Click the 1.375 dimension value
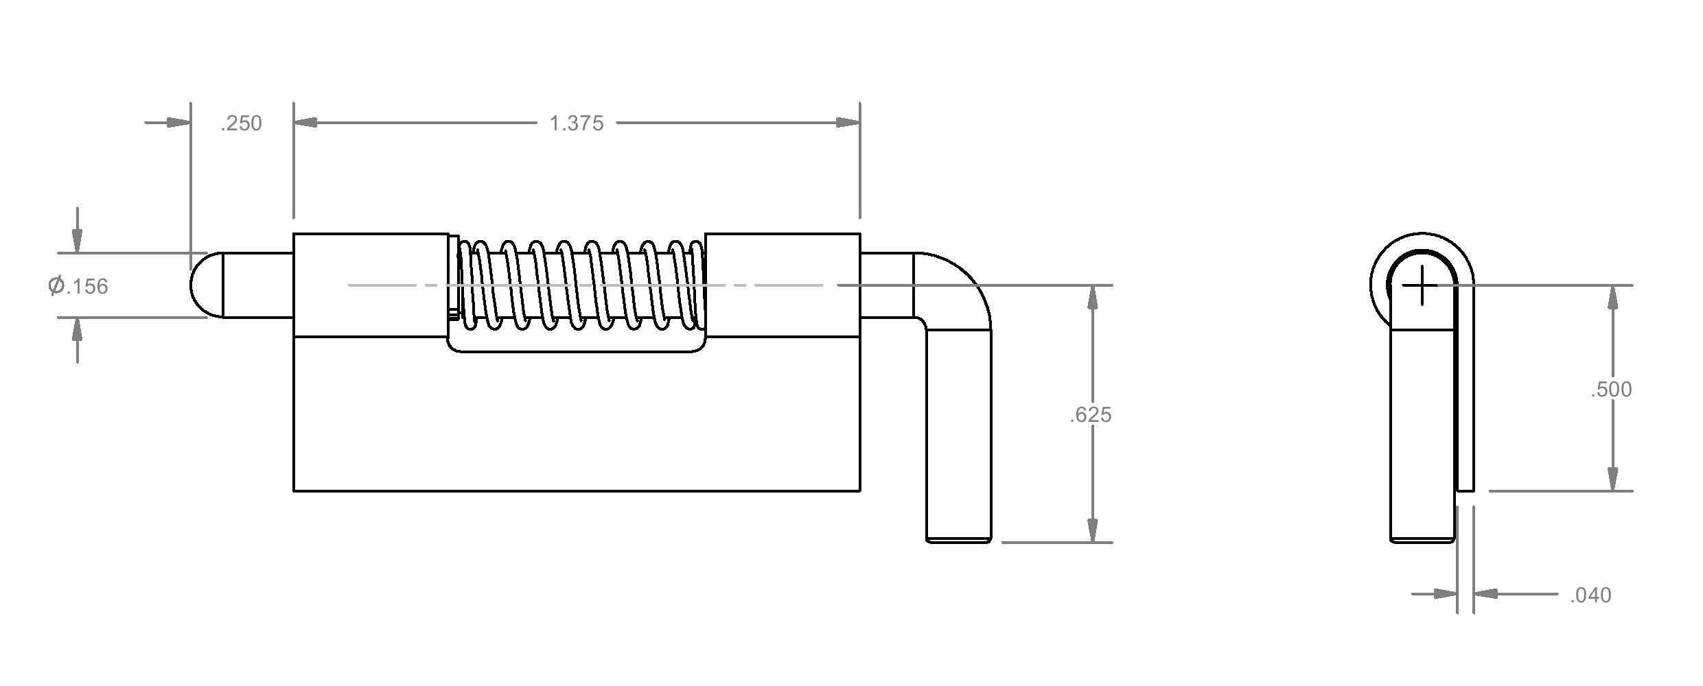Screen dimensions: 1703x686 pos(576,123)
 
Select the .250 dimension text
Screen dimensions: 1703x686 pos(241,123)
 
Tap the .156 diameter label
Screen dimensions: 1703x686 pos(86,286)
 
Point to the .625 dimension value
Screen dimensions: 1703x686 pos(1090,415)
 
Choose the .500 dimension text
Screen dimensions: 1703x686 pos(1611,390)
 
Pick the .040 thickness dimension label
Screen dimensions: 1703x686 pos(1590,595)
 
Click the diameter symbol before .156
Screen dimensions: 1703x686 pos(56,285)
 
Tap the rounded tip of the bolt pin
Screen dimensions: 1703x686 pos(206,285)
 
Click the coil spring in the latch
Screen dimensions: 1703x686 pos(581,284)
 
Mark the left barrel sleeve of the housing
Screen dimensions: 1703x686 pos(371,285)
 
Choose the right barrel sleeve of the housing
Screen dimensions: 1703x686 pos(783,285)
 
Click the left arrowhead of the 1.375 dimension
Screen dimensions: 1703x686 pos(305,123)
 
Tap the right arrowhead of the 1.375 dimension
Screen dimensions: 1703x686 pos(848,123)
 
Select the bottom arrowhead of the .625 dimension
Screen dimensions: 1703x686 pos(1092,530)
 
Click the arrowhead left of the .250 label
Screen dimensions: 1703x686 pos(178,123)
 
